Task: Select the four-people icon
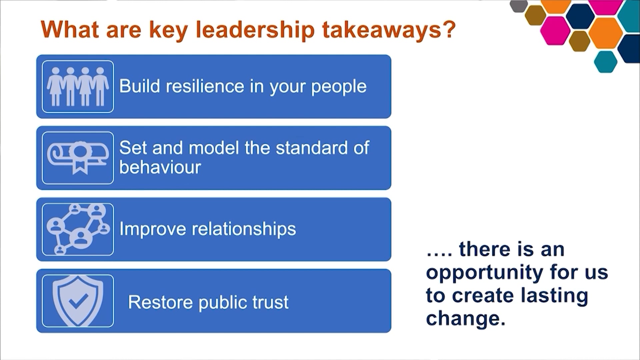click(78, 87)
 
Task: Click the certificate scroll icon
click(78, 158)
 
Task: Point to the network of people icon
click(78, 229)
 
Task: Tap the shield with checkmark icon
click(78, 301)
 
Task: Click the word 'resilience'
click(205, 86)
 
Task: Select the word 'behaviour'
click(160, 167)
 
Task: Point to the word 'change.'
click(465, 318)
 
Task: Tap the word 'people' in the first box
click(339, 87)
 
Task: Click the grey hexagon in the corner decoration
click(519, 5)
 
